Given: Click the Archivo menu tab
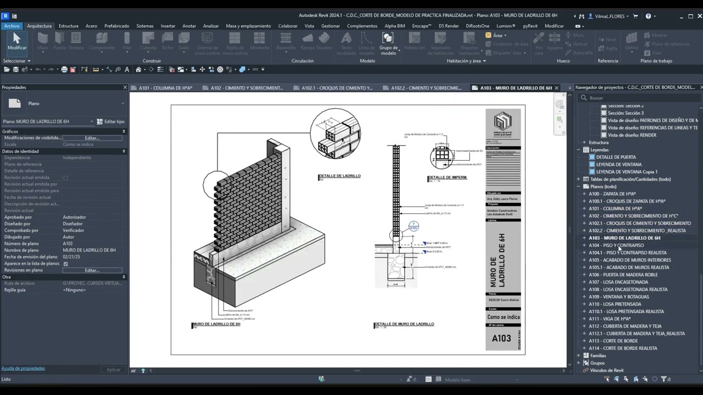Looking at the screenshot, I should point(12,26).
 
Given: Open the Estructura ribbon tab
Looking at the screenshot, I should point(69,26).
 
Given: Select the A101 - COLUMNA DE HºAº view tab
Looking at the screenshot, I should point(165,88).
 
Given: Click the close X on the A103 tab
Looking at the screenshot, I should point(556,88).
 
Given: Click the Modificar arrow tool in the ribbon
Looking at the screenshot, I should point(16,41).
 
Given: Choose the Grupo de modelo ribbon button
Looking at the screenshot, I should point(388,43).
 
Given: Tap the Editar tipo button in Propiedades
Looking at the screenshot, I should point(111,121).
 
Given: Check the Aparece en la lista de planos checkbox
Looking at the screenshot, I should point(66,263).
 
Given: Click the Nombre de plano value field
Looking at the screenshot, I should point(92,250).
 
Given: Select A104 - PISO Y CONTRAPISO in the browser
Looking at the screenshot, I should point(616,245).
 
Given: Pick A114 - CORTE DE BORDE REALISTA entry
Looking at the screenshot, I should point(623,348).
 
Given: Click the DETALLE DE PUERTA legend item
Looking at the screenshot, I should point(616,157).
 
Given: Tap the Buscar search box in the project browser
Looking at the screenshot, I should point(637,98).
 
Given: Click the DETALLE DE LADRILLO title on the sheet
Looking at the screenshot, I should point(340,176).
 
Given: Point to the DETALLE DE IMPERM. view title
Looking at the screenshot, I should point(448,177).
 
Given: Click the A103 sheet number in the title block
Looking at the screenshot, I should point(501,338).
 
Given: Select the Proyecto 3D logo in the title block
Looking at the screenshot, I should point(503,123).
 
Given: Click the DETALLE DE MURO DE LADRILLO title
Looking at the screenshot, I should point(405,324).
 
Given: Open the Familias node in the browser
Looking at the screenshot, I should point(598,356).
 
